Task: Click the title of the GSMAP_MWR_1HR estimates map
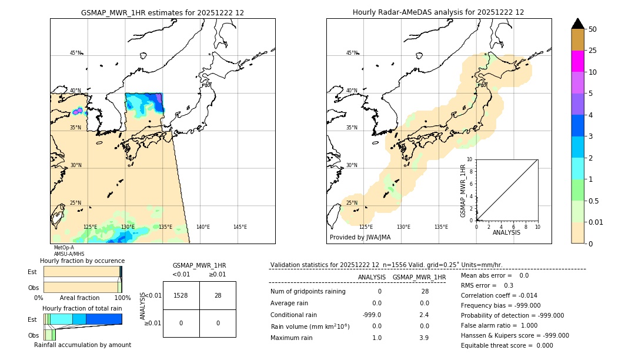coord(162,12)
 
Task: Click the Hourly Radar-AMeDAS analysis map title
coord(438,12)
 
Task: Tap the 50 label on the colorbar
coord(593,29)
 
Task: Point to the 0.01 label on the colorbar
coord(596,222)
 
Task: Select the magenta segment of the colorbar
coord(577,61)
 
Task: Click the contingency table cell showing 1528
coord(181,296)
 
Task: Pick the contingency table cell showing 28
coord(218,296)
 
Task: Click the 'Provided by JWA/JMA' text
coord(360,238)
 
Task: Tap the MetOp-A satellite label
coord(64,248)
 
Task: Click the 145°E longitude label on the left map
coord(240,227)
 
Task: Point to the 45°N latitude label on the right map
coord(352,53)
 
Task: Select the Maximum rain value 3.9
coord(423,338)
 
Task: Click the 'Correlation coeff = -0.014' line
coord(499,295)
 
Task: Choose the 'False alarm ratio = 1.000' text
coord(499,325)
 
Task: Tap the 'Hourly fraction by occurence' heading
coord(82,261)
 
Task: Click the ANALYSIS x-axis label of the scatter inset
coord(506,232)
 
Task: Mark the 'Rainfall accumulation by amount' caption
coord(82,345)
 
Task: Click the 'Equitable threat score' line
coord(507,345)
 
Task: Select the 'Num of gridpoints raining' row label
coord(308,292)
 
